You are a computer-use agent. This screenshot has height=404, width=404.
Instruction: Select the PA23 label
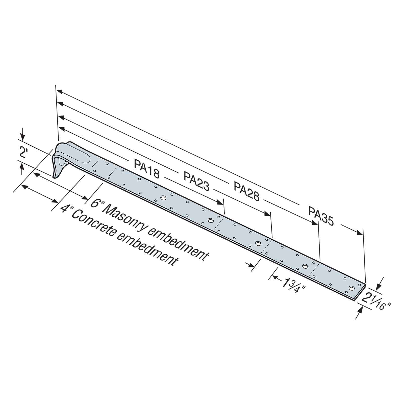tap(196, 181)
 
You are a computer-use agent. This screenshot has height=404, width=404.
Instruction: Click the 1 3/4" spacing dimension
tap(293, 286)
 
